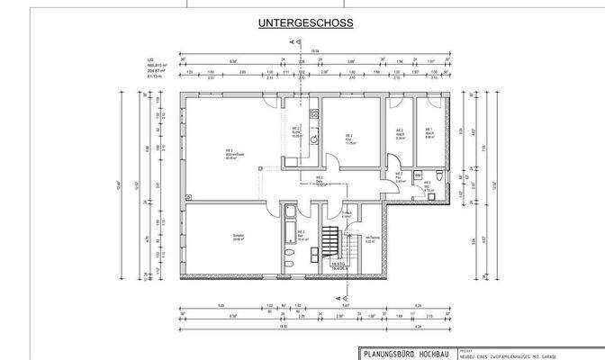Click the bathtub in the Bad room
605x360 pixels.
coord(291,225)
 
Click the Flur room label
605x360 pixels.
coord(399,178)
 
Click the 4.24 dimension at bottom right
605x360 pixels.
coord(418,307)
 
